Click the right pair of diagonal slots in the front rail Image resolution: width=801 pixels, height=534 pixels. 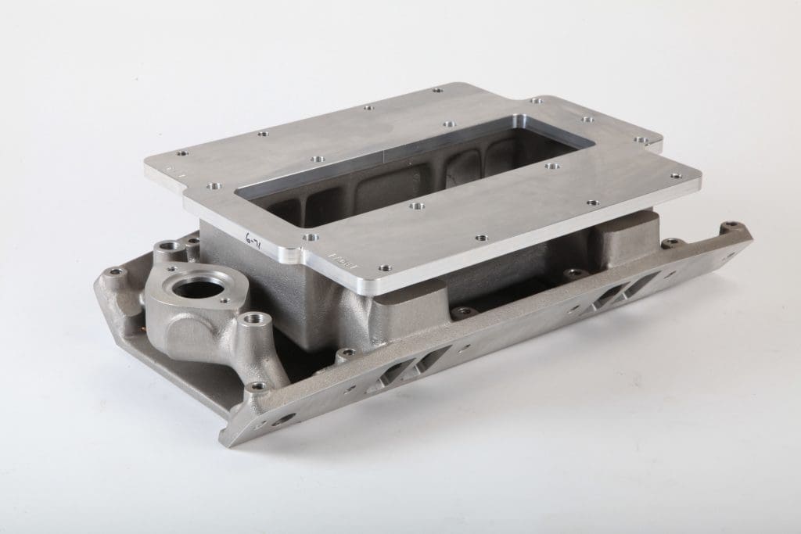click(614, 294)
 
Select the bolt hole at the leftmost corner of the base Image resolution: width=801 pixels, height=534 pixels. click(116, 272)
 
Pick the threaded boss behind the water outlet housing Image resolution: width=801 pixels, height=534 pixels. click(168, 249)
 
